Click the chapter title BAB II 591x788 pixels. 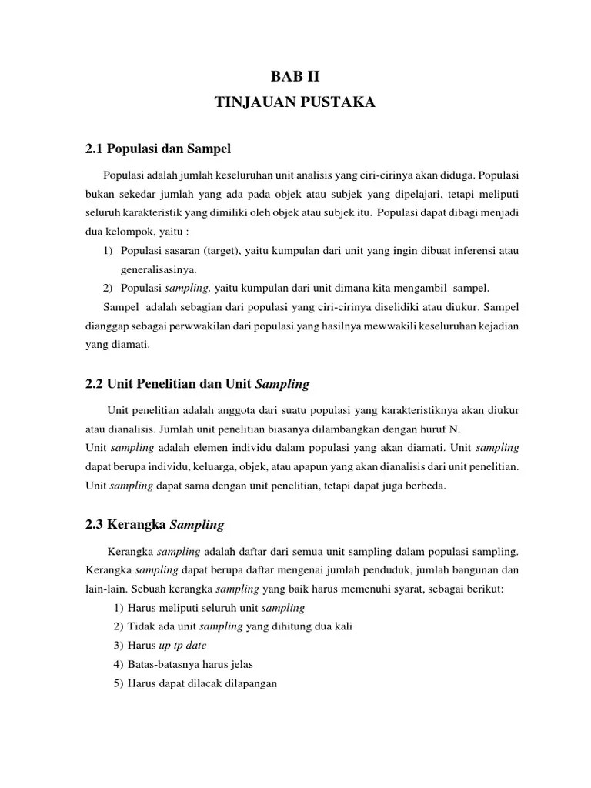pyautogui.click(x=295, y=76)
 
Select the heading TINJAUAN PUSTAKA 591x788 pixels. pyautogui.click(x=295, y=102)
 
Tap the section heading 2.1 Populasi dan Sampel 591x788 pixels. pyautogui.click(x=158, y=147)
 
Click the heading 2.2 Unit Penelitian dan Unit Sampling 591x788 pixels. pyautogui.click(x=196, y=382)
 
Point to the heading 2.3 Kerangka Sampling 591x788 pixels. pyautogui.click(x=154, y=525)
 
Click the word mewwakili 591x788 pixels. pyautogui.click(x=386, y=326)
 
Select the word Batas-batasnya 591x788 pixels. pyautogui.click(x=159, y=663)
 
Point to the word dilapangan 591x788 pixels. pyautogui.click(x=249, y=682)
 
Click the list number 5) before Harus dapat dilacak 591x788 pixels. pyautogui.click(x=118, y=682)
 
